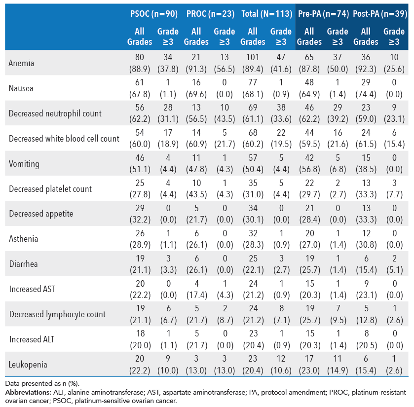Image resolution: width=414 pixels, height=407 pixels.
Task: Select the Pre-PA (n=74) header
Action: point(323,14)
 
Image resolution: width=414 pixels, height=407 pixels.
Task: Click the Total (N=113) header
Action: point(266,14)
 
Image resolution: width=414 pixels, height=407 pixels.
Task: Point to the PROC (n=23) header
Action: point(211,14)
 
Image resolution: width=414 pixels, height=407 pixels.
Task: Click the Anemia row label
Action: point(21,63)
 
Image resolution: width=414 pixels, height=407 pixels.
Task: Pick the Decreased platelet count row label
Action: point(50,188)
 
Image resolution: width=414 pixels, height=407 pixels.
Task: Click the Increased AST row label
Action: point(32,289)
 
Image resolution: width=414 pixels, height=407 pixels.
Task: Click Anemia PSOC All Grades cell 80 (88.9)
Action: point(140,63)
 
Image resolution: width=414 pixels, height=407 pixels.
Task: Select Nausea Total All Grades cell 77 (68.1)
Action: point(253,88)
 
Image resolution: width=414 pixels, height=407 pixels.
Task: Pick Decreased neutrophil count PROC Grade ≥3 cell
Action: point(225,113)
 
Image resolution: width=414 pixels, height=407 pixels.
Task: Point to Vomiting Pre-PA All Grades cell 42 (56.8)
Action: point(309,163)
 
